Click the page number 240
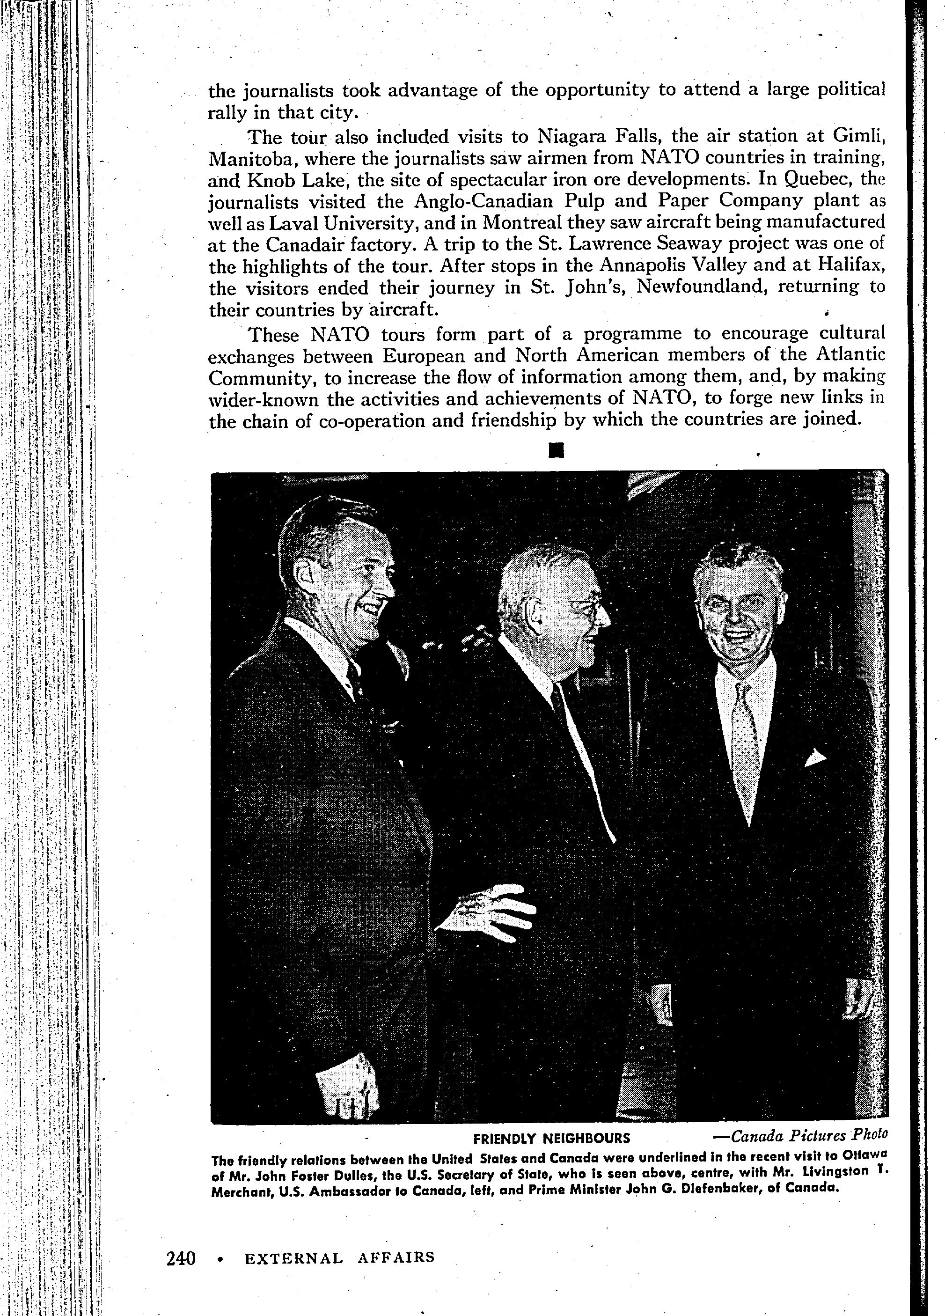pos(181,1258)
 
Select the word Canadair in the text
pos(306,244)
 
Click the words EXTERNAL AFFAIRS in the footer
pos(339,1258)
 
